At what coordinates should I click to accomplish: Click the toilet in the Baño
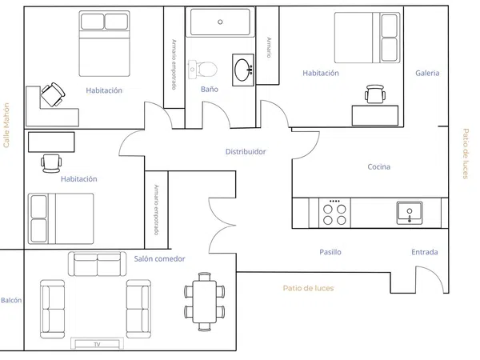tap(202, 70)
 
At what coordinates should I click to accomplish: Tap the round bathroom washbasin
tap(243, 70)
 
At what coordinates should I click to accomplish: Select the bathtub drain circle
tap(220, 22)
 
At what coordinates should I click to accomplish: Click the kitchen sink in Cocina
tap(410, 213)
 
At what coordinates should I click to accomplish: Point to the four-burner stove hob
tap(334, 213)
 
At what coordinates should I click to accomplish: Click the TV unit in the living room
tap(98, 343)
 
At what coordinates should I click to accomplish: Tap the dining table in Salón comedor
tap(205, 302)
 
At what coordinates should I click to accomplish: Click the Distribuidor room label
tap(246, 151)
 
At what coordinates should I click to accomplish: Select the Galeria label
tap(427, 73)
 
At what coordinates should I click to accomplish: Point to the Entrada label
tap(425, 252)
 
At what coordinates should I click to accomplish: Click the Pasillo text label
tap(330, 252)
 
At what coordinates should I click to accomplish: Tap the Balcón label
tap(11, 300)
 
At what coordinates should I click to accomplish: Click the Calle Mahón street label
tap(6, 126)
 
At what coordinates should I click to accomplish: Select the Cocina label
tap(379, 167)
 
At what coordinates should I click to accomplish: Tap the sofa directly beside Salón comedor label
tap(97, 264)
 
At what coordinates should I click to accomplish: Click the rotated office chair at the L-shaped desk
tap(53, 94)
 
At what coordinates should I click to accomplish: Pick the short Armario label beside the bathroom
tap(269, 47)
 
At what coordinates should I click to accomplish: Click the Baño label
tap(210, 90)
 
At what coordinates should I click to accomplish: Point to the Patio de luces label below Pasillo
tap(308, 288)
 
